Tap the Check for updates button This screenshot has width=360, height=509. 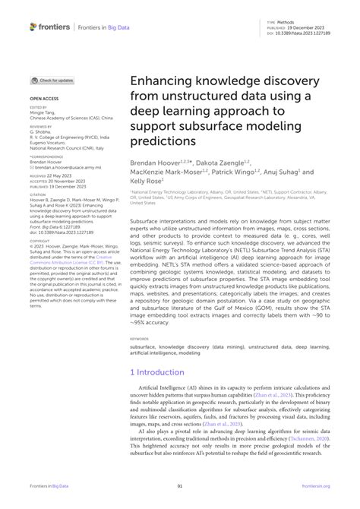52,80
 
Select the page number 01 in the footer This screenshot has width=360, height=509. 180,488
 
